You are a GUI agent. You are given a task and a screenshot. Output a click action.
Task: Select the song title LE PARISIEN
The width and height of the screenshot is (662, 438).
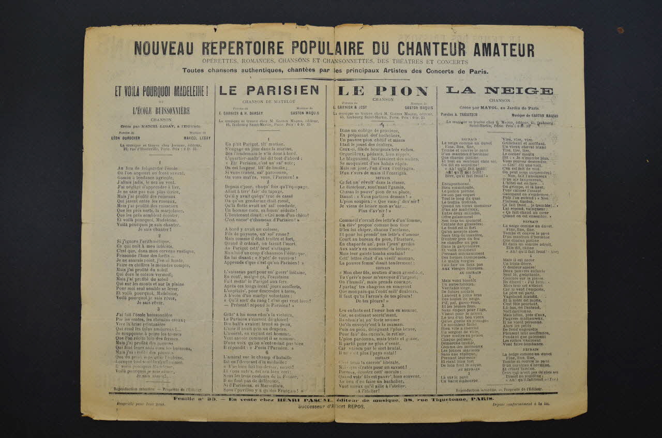(x=269, y=90)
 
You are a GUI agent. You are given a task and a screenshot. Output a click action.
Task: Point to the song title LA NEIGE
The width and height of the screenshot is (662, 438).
(x=499, y=90)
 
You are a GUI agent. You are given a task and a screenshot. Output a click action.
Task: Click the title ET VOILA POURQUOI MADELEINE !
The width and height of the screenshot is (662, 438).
(x=161, y=92)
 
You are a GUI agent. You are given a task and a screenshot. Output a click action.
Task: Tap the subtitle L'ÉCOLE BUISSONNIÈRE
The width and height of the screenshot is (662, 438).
(x=161, y=111)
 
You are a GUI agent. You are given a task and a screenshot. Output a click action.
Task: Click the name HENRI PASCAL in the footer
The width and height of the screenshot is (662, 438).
(x=247, y=399)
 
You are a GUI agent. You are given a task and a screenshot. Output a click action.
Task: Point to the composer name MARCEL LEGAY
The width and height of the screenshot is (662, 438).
(x=197, y=138)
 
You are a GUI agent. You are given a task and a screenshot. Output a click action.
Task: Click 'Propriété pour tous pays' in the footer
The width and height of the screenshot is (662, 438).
(x=140, y=404)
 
